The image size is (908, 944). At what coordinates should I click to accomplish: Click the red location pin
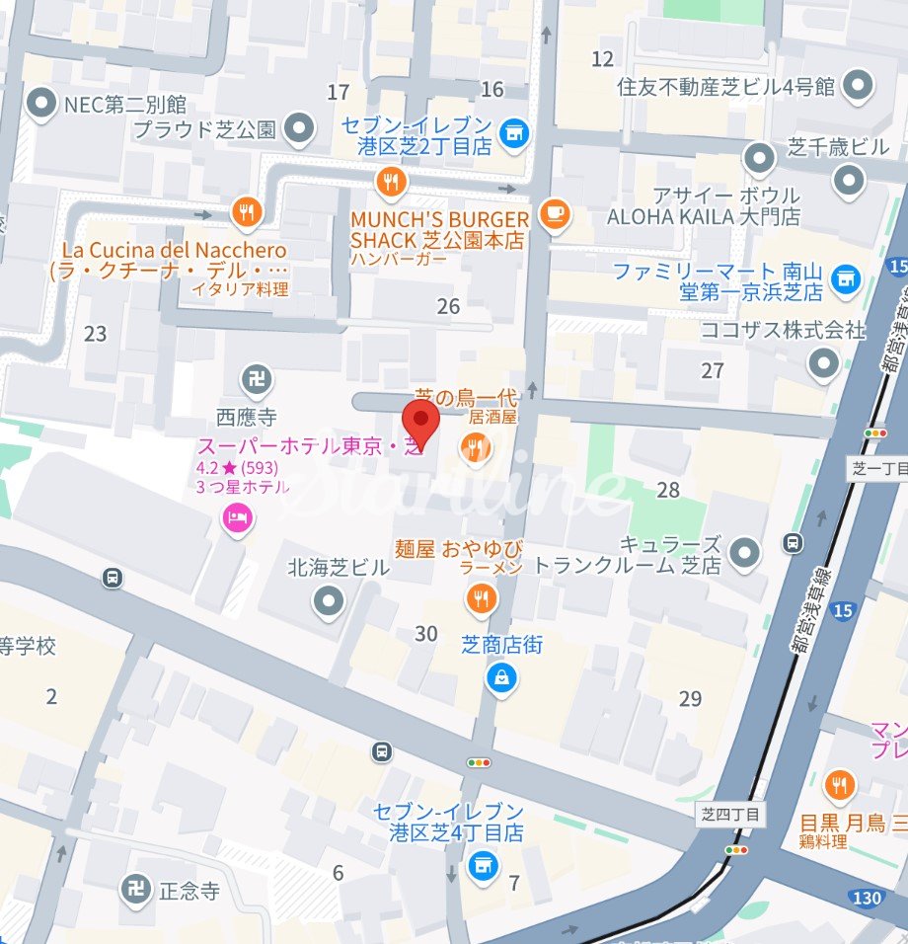[421, 424]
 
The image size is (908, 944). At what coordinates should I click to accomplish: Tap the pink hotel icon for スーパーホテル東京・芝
[237, 516]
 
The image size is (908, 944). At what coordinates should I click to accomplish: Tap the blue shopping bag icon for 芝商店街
[502, 677]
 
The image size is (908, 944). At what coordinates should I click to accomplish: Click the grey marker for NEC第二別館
[40, 103]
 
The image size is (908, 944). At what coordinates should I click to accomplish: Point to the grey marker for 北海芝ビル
[328, 599]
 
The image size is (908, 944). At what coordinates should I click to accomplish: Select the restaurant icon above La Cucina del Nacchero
[246, 210]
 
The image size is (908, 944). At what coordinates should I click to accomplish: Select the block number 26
[448, 307]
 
